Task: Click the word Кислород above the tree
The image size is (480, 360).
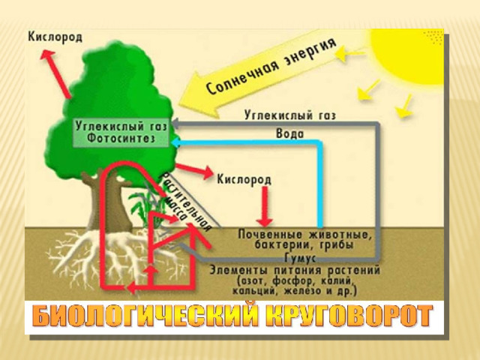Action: tap(55, 37)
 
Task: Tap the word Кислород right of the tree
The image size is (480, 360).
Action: tap(244, 179)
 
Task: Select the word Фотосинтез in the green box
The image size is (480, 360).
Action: tap(121, 138)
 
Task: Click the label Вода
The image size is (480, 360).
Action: tap(290, 133)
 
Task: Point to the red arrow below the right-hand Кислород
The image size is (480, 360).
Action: tap(265, 207)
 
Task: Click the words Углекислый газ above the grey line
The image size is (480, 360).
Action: tap(290, 115)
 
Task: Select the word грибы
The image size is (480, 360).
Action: tap(337, 245)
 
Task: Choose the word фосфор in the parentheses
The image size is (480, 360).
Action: tap(293, 280)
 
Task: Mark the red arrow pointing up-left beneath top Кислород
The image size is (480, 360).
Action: tap(55, 74)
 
